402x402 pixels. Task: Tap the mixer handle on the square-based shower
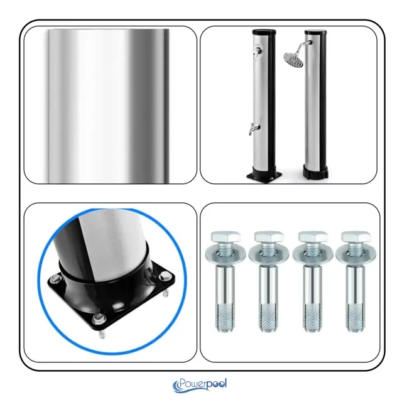pyautogui.click(x=256, y=54)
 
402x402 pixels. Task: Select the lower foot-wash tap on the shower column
pyautogui.click(x=254, y=128)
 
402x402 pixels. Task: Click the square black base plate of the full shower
pyautogui.click(x=264, y=176)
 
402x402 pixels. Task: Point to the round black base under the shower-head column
pyautogui.click(x=315, y=171)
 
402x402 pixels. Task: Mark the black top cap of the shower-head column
pyautogui.click(x=315, y=32)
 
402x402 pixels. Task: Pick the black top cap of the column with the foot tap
pyautogui.click(x=264, y=32)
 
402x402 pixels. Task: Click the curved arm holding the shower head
pyautogui.click(x=304, y=46)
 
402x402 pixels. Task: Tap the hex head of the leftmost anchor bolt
pyautogui.click(x=225, y=237)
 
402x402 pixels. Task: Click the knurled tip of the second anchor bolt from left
pyautogui.click(x=268, y=317)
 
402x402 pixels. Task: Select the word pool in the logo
pyautogui.click(x=217, y=384)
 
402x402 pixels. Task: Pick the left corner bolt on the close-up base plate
pyautogui.click(x=55, y=279)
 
